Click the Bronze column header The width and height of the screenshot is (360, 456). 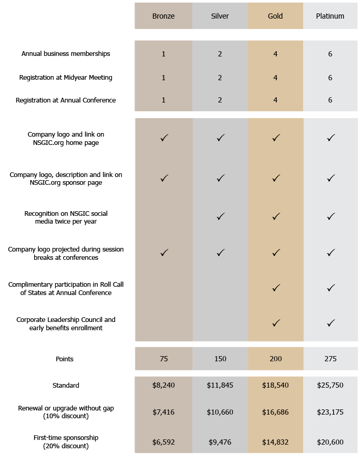pos(163,16)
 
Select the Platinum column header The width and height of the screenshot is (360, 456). pos(330,16)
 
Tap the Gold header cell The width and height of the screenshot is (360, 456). pos(275,16)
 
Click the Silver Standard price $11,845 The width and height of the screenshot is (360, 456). pos(220,385)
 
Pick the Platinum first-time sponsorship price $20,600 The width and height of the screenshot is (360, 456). pos(330,442)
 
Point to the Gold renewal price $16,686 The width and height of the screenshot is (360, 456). pos(275,412)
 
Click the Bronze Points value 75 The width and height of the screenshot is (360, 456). pos(163,359)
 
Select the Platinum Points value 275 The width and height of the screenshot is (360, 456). pos(331,359)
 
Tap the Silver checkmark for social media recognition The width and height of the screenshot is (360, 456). pos(220,216)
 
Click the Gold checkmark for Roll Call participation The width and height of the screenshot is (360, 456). pos(276,288)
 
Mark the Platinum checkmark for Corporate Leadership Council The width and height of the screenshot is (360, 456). pos(331,323)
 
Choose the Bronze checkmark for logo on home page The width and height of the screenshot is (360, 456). pos(164,138)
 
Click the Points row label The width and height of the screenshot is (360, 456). pos(65,359)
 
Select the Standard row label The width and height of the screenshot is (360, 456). pos(66,385)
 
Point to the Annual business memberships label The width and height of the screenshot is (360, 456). pos(66,54)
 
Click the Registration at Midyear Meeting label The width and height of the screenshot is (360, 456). pos(66,78)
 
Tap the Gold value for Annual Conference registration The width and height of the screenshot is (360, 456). pos(275,100)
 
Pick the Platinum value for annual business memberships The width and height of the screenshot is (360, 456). pos(330,54)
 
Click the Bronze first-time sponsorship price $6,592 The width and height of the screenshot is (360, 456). pos(163,442)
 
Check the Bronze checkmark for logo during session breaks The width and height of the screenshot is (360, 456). pos(164,253)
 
